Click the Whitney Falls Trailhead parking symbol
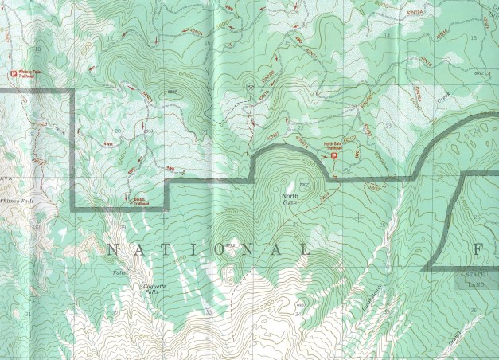pyautogui.click(x=14, y=74)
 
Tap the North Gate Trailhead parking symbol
pyautogui.click(x=334, y=157)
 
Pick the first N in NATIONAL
pyautogui.click(x=110, y=249)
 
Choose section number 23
pyautogui.click(x=388, y=126)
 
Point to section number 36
pyautogui.click(x=474, y=311)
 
